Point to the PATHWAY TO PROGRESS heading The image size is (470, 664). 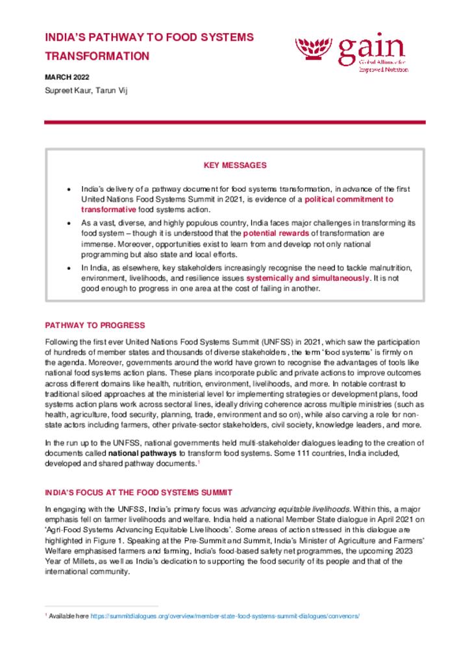pos(95,325)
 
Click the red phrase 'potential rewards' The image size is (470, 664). pos(271,232)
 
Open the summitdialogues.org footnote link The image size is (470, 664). pos(225,616)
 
